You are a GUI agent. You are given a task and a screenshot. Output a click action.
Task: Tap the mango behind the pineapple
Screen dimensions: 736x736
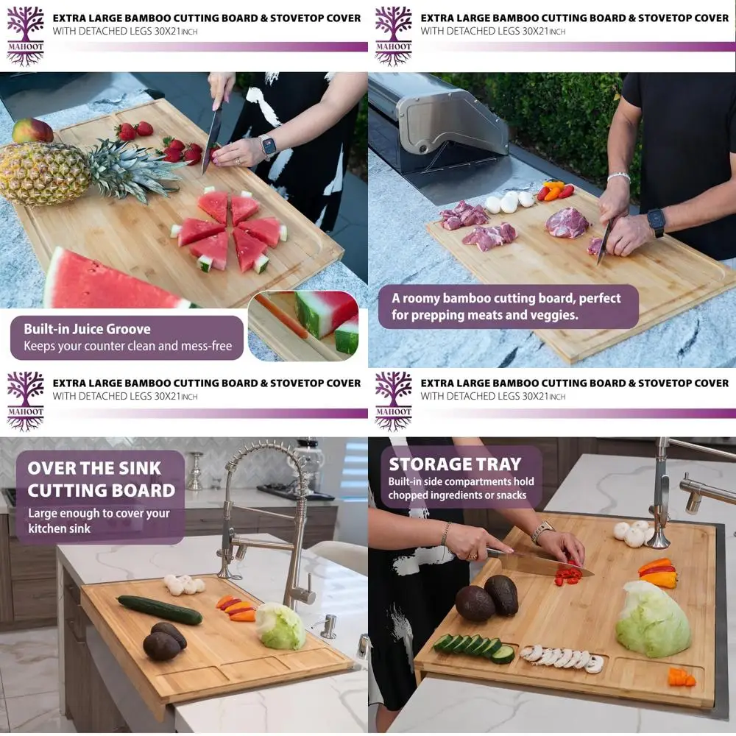click(32, 131)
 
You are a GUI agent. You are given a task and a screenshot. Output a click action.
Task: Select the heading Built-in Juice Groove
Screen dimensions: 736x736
click(87, 329)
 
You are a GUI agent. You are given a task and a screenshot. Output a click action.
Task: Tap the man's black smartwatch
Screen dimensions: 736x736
click(656, 222)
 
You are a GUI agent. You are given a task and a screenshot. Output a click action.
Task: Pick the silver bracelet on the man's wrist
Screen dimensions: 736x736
click(618, 177)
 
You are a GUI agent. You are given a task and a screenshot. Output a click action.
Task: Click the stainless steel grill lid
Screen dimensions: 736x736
click(442, 118)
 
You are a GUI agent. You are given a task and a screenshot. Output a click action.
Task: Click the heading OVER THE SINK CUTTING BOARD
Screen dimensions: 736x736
click(101, 479)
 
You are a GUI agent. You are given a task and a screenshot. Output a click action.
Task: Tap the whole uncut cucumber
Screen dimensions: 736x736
click(159, 609)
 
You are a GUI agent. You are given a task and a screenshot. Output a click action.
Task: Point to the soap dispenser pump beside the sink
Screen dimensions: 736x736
click(329, 626)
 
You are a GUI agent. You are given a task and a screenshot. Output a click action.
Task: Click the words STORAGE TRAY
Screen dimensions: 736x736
click(455, 464)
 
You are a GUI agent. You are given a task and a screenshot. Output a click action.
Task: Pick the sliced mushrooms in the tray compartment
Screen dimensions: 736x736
click(563, 657)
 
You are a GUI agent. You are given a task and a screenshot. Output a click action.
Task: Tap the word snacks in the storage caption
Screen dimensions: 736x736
click(508, 495)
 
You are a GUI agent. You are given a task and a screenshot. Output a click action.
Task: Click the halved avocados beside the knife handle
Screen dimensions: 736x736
click(487, 598)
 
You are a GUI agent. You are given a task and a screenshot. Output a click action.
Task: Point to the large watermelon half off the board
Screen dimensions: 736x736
click(110, 283)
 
